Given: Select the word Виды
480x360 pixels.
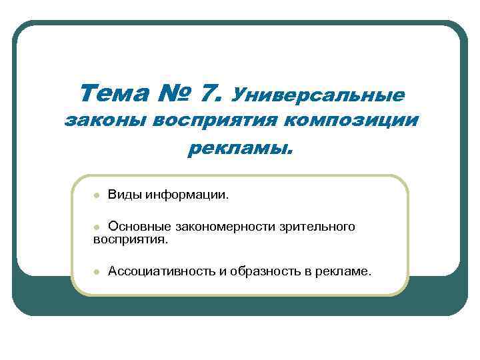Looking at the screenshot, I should point(123,196).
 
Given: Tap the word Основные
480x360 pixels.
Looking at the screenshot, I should point(136,227).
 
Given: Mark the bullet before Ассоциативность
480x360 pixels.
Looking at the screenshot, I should point(96,272).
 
